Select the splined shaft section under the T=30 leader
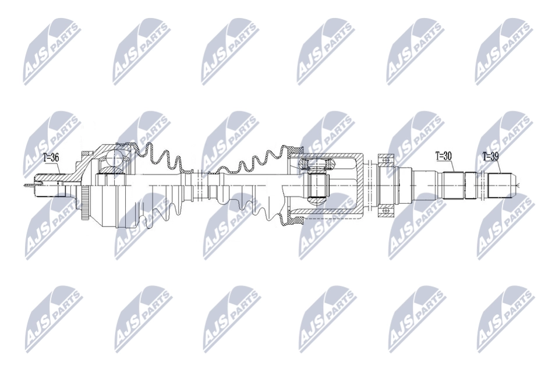(x=452, y=185)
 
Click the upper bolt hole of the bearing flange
(x=385, y=158)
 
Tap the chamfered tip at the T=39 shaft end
(x=515, y=185)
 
